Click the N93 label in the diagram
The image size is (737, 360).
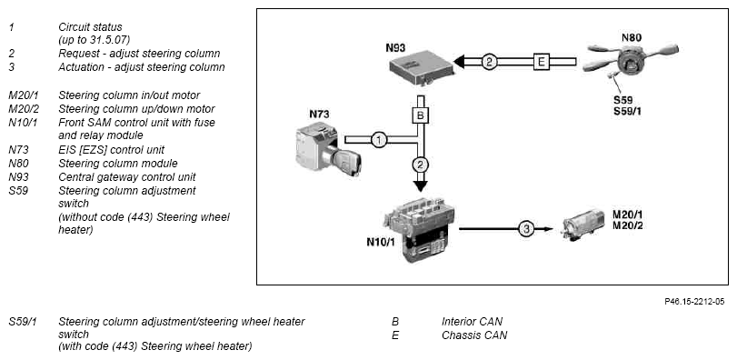(395, 47)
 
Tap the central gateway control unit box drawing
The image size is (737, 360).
(422, 70)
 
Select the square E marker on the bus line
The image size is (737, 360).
(542, 62)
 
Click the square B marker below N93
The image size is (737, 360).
(420, 115)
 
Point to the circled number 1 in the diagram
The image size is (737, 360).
(379, 140)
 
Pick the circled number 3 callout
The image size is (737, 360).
(526, 229)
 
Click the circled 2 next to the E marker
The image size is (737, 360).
(489, 62)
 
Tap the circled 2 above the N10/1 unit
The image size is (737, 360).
(420, 165)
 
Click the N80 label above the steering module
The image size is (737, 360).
(632, 37)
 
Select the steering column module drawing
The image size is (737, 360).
(631, 60)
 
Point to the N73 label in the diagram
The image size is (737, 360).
(319, 115)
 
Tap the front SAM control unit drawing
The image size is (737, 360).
(420, 229)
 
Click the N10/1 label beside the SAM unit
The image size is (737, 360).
(381, 243)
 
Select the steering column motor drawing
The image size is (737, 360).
(583, 225)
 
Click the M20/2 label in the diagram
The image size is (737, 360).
(627, 225)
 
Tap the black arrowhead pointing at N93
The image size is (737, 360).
(459, 62)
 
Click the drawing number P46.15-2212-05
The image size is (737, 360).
(694, 301)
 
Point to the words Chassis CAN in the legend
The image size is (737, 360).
(474, 335)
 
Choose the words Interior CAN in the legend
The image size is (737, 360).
(472, 322)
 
